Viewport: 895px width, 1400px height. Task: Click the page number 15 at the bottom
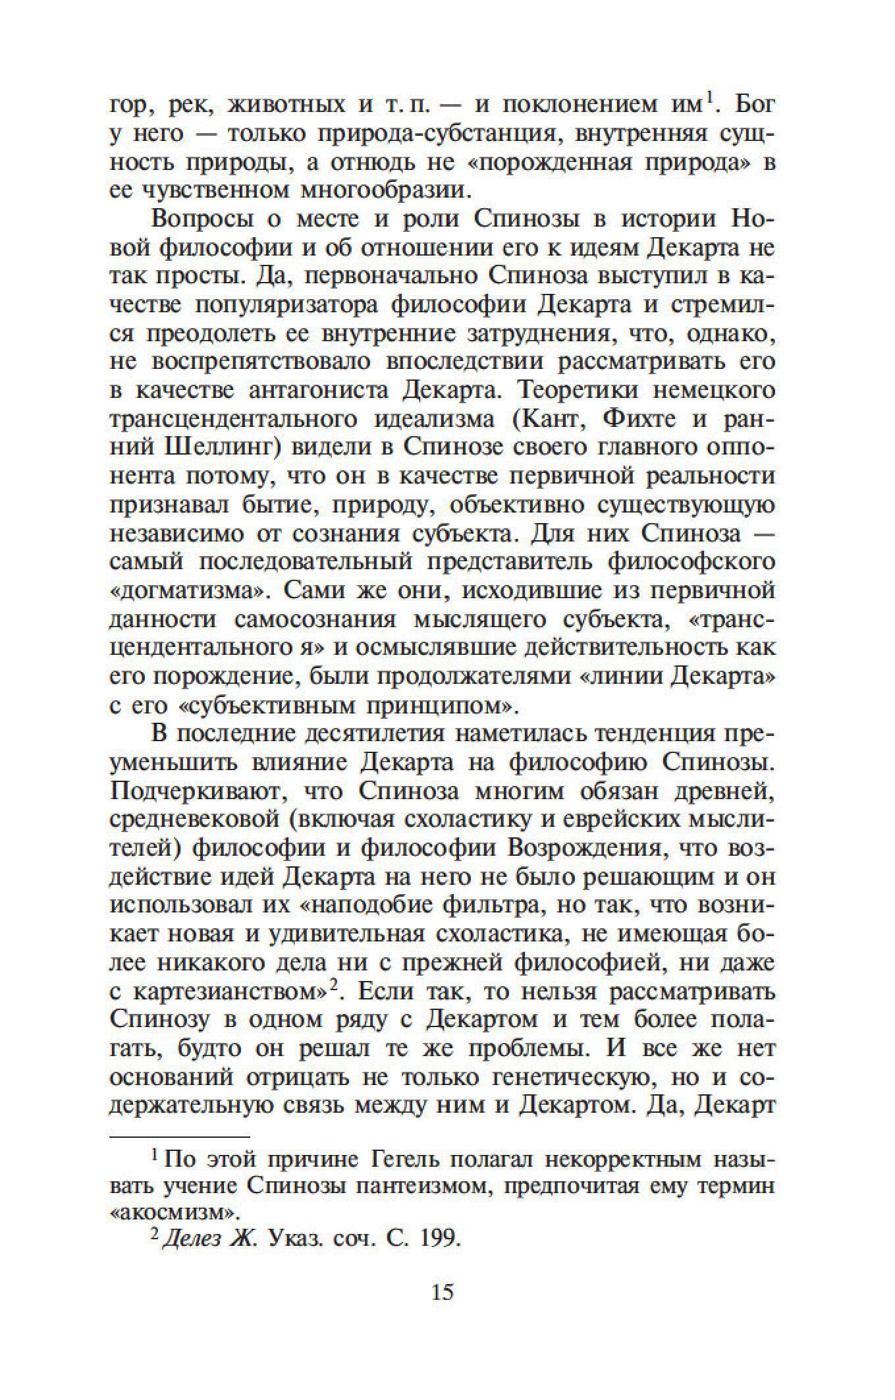point(443,1292)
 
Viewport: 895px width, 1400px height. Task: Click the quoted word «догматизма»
point(187,590)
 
